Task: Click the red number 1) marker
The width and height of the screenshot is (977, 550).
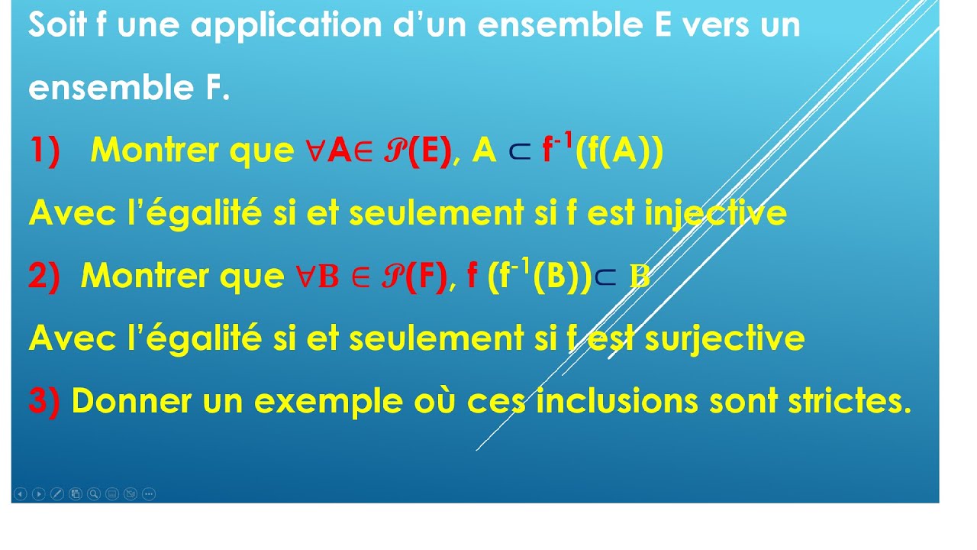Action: coord(45,151)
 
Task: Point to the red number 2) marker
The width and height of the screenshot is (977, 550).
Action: coord(44,277)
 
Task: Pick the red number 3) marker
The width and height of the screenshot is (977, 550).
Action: coord(44,401)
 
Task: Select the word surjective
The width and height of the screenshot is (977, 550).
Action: coord(724,339)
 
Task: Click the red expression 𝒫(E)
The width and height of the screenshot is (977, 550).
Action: coord(418,151)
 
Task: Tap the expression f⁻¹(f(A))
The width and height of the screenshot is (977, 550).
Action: coord(603,150)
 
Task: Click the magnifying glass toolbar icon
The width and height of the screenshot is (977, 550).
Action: coord(94,494)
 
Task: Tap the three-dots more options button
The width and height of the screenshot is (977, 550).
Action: coord(149,494)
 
